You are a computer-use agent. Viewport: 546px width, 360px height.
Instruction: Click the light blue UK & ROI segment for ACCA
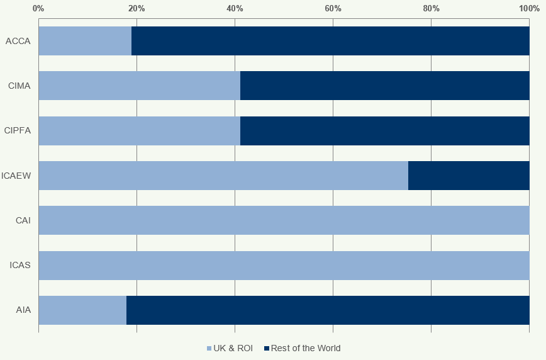(x=85, y=41)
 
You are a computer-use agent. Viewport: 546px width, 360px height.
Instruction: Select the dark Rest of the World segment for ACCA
(x=330, y=41)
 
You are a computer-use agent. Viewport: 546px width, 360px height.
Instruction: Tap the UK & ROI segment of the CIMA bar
(x=139, y=86)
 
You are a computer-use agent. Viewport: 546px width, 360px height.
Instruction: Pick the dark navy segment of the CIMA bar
(x=384, y=86)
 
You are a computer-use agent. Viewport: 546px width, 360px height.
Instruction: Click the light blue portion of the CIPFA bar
(x=139, y=131)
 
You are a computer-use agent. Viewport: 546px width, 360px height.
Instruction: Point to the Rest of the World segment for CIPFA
(x=384, y=131)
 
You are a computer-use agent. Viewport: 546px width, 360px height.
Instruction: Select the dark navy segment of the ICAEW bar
(x=469, y=176)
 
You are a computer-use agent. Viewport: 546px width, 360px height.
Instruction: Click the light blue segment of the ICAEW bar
(x=223, y=176)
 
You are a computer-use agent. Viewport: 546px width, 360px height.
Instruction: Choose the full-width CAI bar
(x=284, y=220)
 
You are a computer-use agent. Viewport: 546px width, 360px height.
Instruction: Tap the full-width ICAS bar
(x=284, y=266)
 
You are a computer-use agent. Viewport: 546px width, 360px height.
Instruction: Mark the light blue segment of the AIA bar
(x=82, y=310)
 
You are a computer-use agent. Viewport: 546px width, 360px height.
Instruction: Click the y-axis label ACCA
(x=18, y=41)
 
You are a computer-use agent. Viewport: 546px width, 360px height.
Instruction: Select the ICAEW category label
(x=16, y=176)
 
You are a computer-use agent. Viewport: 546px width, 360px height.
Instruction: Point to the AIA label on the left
(x=23, y=310)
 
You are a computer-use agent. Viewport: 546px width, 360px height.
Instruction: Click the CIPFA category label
(x=18, y=131)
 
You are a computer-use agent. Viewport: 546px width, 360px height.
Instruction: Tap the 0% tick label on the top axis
(x=38, y=8)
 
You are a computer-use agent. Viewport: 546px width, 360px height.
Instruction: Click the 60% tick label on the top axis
(x=333, y=8)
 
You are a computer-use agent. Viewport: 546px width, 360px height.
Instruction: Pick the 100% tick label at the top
(x=528, y=8)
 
